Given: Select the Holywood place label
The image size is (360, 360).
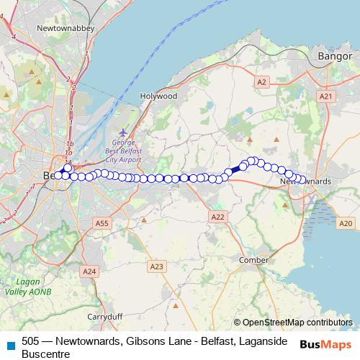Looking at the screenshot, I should [x=158, y=96].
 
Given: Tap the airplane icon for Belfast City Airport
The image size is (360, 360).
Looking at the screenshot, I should [x=123, y=133].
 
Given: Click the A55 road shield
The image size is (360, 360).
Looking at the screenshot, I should [x=102, y=224].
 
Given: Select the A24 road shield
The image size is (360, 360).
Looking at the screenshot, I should [x=89, y=271].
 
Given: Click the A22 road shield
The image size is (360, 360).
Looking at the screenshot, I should [x=218, y=216].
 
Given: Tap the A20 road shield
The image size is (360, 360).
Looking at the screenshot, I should [x=346, y=224].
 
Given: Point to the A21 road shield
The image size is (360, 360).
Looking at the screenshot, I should [x=326, y=96].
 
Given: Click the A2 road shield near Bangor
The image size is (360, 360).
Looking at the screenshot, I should [x=261, y=83].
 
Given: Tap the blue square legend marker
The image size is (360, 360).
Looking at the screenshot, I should [x=9, y=344].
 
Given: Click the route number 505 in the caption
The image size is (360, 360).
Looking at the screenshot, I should [x=30, y=341].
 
